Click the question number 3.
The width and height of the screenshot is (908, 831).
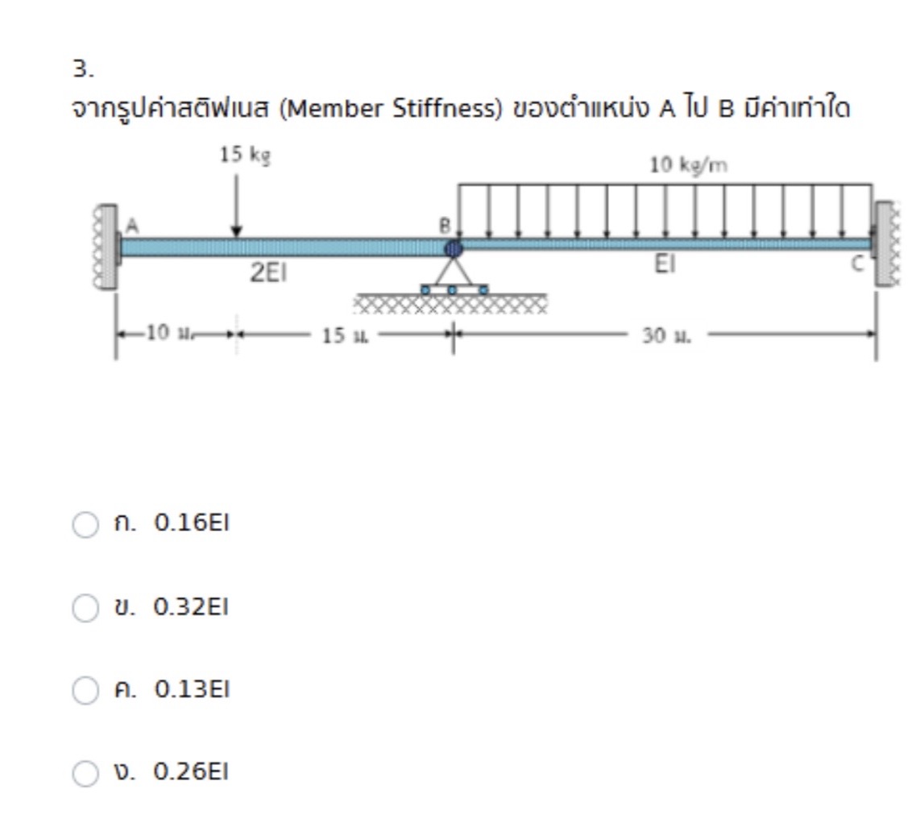[83, 69]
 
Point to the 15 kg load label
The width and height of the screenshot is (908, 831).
[245, 154]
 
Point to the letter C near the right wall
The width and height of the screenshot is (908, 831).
[856, 262]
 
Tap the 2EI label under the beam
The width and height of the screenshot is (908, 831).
[267, 273]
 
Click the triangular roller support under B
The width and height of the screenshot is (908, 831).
[453, 274]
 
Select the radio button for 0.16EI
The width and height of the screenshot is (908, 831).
[85, 525]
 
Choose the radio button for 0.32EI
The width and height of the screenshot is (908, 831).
[85, 608]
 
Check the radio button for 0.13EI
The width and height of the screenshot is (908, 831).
[85, 691]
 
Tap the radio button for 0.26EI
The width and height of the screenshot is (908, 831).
[85, 774]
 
